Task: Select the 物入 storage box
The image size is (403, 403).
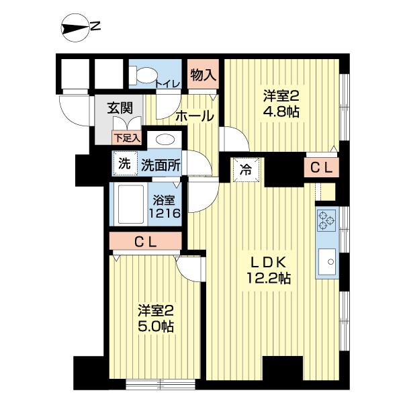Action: coord(203,75)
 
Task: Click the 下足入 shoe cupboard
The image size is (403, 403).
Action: coord(126,138)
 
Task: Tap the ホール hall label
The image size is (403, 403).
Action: coord(195,116)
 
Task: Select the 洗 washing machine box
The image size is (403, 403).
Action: coord(124,163)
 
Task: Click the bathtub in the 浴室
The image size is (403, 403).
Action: coord(130,206)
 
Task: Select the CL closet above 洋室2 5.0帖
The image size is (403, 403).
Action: coord(145,242)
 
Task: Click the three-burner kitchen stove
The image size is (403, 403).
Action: coord(326,220)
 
